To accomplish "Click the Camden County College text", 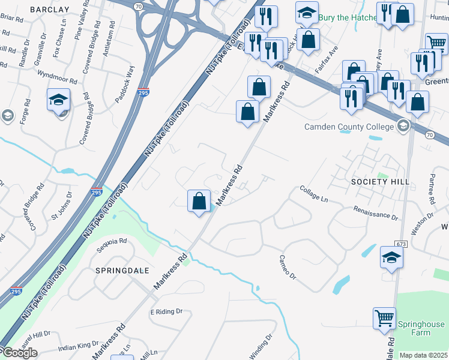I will pos(349,127).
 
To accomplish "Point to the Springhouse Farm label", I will pos(421,328).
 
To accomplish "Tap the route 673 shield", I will pos(402,244).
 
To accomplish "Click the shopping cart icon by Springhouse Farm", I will pos(384,318).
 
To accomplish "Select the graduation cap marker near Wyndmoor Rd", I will pos(59,99).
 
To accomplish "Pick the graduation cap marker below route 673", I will pos(391,257).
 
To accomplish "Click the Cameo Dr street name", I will pos(288,268).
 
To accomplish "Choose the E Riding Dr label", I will pos(166,312).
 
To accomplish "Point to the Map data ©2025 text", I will pos(424,355).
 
